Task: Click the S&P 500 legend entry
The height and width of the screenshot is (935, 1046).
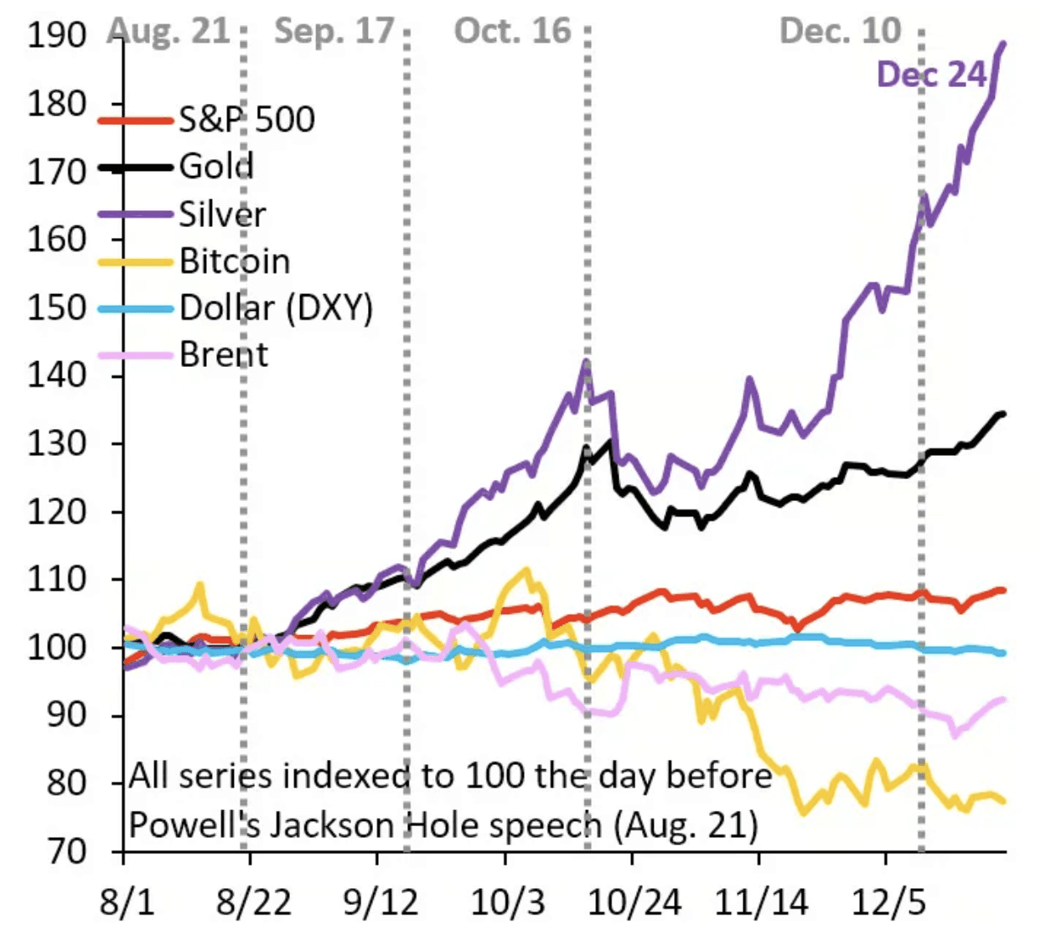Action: click(246, 119)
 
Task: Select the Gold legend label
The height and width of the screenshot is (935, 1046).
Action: click(216, 166)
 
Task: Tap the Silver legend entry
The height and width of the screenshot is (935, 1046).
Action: click(222, 214)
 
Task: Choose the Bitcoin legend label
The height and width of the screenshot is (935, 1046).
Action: click(235, 261)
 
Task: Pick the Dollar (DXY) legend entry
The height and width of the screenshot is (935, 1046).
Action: click(276, 308)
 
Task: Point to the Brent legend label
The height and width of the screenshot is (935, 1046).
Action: click(224, 355)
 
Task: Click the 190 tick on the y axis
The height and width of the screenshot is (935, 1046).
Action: click(57, 36)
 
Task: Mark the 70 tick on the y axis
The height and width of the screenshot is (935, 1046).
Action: click(68, 851)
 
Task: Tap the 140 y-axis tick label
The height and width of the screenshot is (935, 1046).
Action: click(57, 375)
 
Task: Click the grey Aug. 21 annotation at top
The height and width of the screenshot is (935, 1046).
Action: click(169, 31)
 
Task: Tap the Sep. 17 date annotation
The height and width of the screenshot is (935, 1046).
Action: click(334, 31)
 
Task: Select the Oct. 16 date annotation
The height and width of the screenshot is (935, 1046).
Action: click(512, 31)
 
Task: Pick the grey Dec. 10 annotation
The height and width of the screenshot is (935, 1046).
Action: click(840, 31)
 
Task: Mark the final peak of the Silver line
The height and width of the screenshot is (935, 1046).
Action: click(1003, 44)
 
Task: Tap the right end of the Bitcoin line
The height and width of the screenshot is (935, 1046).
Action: click(1003, 801)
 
